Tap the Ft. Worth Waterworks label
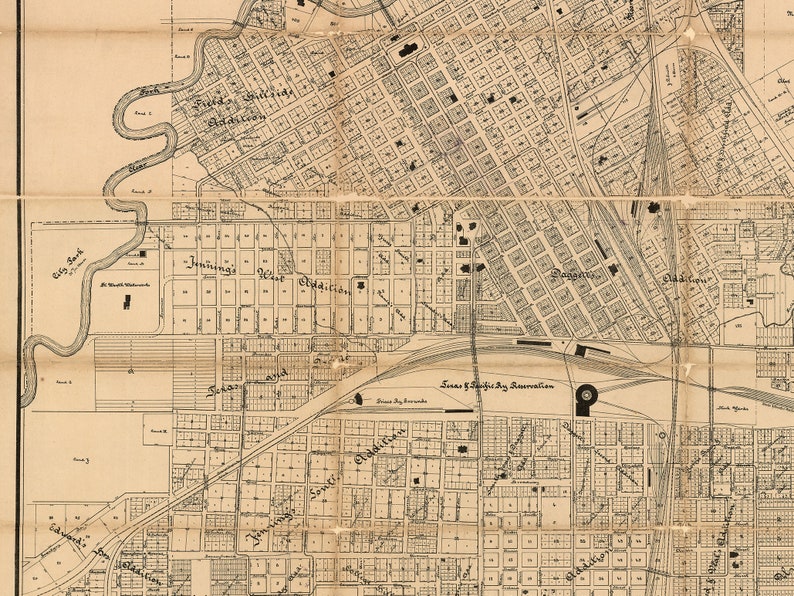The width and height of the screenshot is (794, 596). [124, 284]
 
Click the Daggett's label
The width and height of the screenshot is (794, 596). [574, 273]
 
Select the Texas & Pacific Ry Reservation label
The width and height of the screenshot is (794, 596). [497, 384]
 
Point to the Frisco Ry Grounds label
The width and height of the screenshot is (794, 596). [401, 401]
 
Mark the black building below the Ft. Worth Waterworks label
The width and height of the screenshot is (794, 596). [127, 302]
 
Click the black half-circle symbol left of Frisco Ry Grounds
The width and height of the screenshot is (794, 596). [358, 399]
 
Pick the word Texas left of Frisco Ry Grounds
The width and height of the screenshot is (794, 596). [225, 388]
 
